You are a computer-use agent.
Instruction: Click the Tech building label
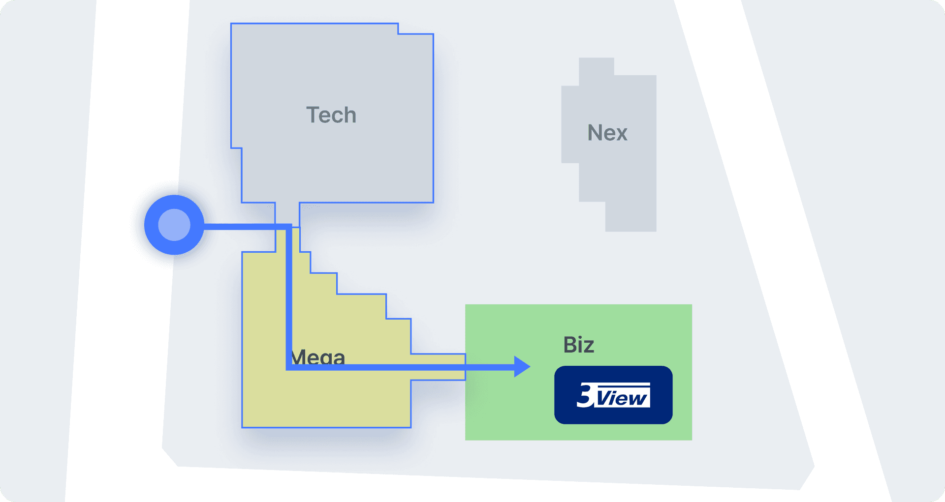click(x=331, y=115)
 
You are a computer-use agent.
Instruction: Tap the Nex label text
click(x=607, y=133)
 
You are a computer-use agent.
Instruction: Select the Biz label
click(x=578, y=345)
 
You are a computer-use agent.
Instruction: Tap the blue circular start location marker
click(x=174, y=225)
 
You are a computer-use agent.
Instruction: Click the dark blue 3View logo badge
click(x=613, y=395)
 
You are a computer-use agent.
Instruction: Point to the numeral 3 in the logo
click(x=585, y=395)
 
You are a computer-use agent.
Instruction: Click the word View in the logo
click(x=623, y=398)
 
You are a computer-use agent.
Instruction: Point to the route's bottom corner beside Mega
click(x=289, y=367)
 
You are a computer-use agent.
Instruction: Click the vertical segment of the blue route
click(x=289, y=295)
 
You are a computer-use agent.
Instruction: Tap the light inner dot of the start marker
click(x=174, y=225)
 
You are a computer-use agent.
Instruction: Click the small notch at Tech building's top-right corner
click(x=415, y=29)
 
